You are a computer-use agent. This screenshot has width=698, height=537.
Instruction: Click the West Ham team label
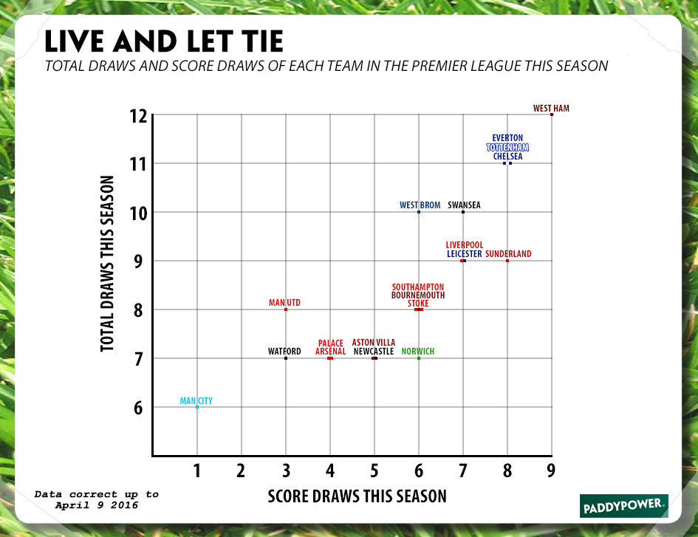(551, 109)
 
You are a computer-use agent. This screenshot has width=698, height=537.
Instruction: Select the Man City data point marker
(197, 407)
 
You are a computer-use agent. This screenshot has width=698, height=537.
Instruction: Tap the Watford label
(284, 352)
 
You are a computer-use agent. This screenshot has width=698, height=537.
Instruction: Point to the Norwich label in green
(418, 352)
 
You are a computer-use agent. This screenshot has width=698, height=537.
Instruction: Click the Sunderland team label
(508, 254)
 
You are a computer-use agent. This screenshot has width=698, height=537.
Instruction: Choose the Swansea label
(464, 205)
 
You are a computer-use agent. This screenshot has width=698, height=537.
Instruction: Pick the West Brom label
(420, 205)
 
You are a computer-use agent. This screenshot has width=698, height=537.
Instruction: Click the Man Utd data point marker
(286, 309)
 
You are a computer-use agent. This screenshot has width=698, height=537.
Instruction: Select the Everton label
(507, 138)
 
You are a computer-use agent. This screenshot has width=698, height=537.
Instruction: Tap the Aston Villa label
(374, 343)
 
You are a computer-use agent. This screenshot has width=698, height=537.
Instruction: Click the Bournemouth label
(418, 295)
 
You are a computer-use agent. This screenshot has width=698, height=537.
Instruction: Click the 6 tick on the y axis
(139, 408)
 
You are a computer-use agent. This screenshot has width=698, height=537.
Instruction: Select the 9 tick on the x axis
(551, 470)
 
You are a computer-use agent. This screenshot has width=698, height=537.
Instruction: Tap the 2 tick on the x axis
(241, 470)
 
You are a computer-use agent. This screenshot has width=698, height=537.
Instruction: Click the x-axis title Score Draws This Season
(357, 496)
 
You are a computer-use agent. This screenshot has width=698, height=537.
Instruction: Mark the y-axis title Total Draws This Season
(109, 263)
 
